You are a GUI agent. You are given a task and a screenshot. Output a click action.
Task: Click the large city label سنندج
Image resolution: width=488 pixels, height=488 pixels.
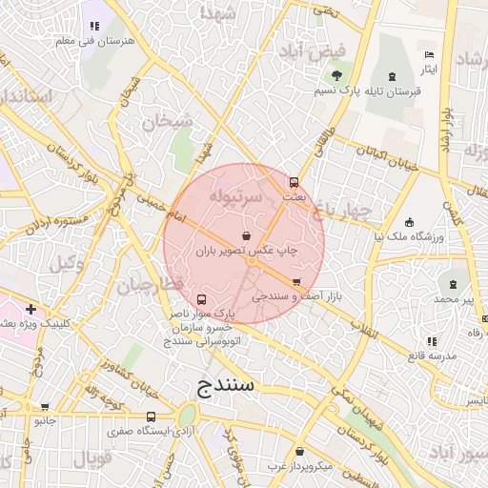pos(227,385)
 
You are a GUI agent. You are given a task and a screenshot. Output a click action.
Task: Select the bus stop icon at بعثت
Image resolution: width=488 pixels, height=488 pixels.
pos(294,181)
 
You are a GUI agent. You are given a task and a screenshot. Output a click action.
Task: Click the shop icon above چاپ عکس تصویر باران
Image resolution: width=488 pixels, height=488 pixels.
pos(248,235)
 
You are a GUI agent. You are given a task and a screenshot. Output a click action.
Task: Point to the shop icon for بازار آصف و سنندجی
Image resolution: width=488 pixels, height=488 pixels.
pos(296,282)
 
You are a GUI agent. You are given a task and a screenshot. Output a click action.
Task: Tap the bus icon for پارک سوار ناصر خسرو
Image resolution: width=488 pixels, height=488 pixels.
pos(199,299)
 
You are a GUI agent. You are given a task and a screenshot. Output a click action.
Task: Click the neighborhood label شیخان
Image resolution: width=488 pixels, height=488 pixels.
pos(167,121)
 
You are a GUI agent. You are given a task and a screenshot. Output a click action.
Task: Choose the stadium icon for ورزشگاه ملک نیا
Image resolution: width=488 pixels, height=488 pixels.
pos(409,221)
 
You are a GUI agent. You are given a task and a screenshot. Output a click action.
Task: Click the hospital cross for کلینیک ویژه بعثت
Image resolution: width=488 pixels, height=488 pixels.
pos(31,309)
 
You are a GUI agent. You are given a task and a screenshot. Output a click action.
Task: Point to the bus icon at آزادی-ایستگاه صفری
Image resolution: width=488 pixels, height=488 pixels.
pos(151,417)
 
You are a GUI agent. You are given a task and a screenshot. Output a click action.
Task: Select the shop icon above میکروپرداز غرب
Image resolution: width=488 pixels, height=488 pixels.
pos(300,452)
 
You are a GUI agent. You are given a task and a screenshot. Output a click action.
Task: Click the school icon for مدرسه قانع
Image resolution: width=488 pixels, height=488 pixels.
pos(432,341)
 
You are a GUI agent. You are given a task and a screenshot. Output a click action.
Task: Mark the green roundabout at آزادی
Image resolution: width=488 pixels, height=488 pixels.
pos(188,416)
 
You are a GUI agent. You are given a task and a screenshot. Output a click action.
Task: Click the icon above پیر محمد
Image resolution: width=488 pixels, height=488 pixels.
pos(453,283)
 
